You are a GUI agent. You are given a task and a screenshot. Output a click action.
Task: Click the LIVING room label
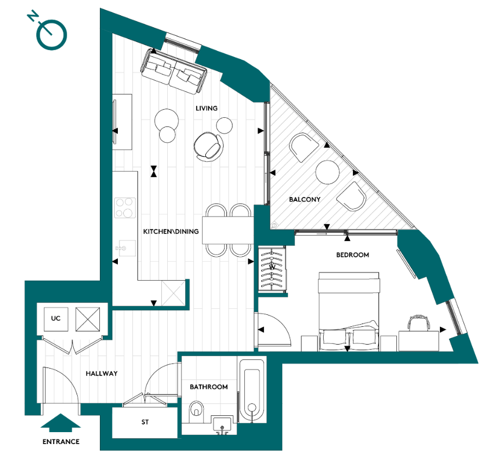click(x=206, y=108)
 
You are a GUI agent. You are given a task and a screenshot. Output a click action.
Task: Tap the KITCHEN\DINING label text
click(x=171, y=231)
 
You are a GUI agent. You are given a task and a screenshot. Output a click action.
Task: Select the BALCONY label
click(x=304, y=199)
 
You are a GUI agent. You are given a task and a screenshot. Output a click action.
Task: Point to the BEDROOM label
click(x=352, y=255)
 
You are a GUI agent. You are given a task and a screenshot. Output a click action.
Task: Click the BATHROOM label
click(x=209, y=387)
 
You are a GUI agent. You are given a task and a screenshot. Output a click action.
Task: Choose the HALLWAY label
click(x=102, y=373)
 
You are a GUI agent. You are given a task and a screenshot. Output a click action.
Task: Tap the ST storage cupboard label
click(x=145, y=422)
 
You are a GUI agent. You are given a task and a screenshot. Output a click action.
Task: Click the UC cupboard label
click(x=55, y=318)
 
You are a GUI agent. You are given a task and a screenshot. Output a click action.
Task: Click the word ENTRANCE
click(x=61, y=441)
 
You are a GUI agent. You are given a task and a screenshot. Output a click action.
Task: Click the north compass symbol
click(x=50, y=33)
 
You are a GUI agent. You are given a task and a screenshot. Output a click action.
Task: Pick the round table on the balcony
click(x=327, y=173)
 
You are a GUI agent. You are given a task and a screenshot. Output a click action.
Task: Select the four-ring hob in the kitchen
click(x=124, y=207)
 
